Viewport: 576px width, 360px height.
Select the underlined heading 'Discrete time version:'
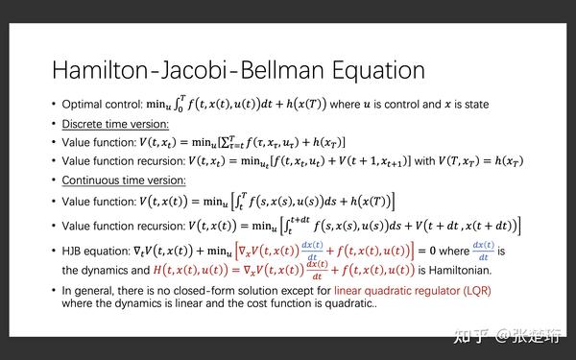[115, 123]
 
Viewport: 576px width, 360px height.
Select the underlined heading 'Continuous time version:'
[125, 180]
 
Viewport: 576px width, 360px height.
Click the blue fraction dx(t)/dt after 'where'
[490, 252]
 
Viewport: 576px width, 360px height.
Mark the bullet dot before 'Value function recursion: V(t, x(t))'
[54, 226]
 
